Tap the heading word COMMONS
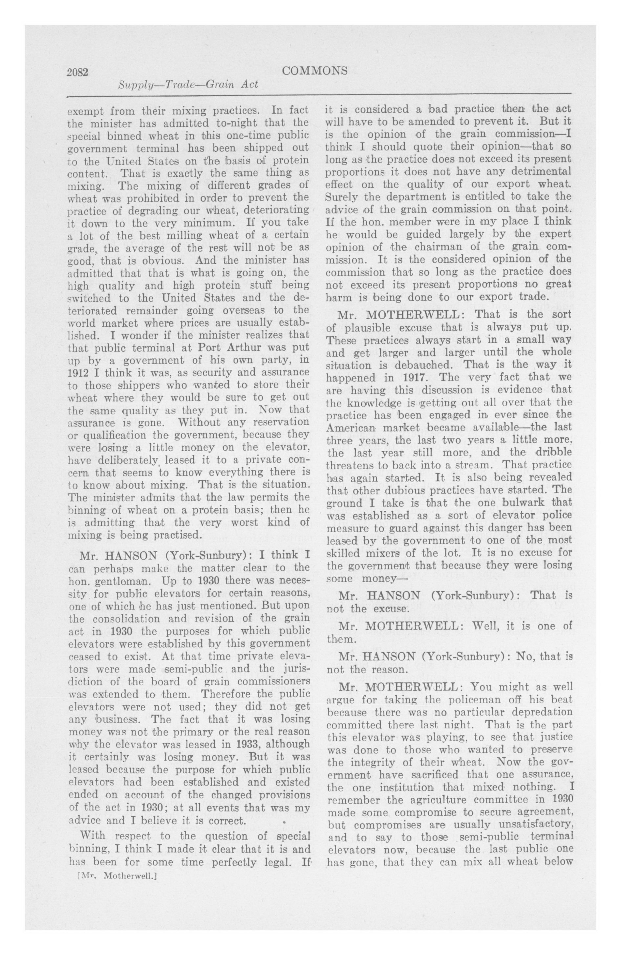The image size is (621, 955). (314, 71)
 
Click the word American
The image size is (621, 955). (351, 428)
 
